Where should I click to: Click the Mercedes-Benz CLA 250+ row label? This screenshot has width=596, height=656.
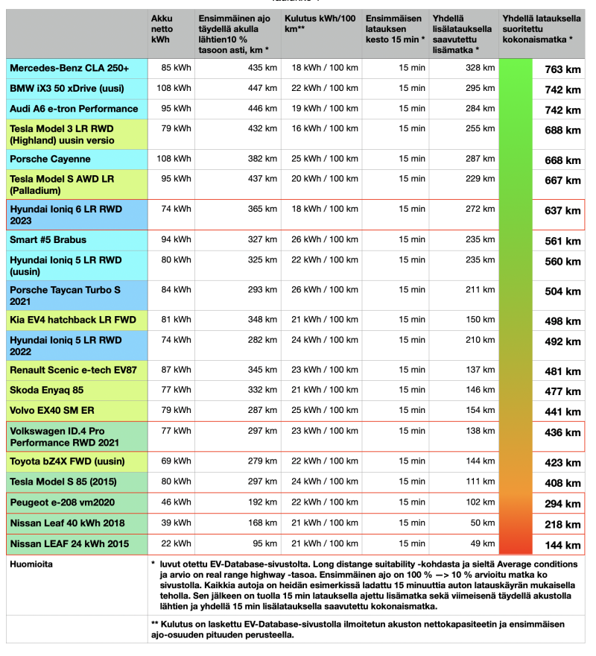[x=69, y=69]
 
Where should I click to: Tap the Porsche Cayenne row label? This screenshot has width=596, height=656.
[x=50, y=159]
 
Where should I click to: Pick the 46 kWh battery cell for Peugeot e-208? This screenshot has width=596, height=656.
[x=176, y=502]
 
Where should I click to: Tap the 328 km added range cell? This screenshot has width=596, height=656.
[x=480, y=68]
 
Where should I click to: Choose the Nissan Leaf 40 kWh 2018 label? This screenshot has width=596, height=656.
[x=67, y=523]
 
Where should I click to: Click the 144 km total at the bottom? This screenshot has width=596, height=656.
[x=562, y=545]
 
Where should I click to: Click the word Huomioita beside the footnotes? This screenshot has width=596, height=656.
[x=31, y=564]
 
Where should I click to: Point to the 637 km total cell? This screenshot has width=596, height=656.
[x=562, y=211]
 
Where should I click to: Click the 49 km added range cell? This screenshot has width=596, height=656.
[x=484, y=543]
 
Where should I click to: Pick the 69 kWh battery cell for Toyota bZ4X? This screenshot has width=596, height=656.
[x=176, y=461]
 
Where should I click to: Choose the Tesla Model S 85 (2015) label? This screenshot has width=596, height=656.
[x=63, y=482]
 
